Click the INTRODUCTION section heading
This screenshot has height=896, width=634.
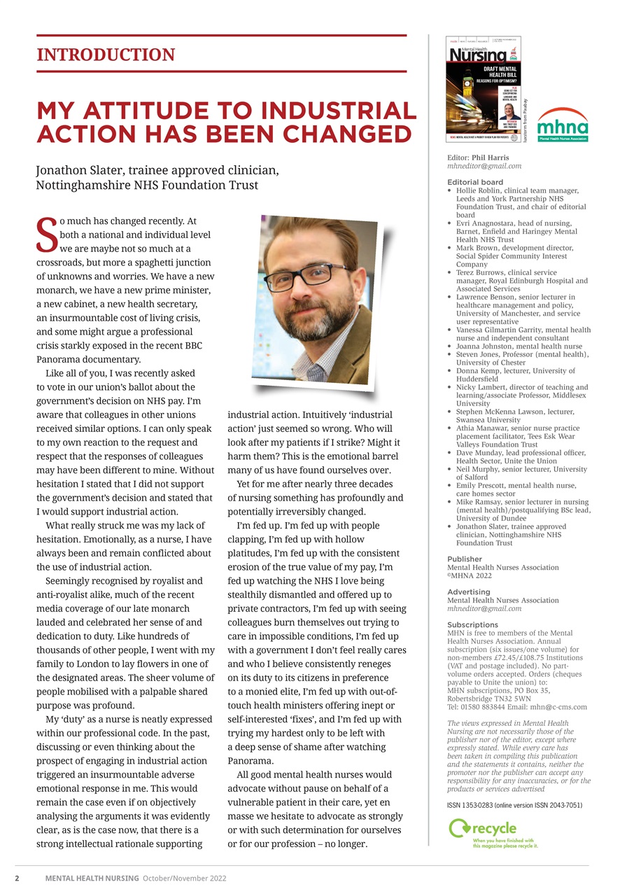[106, 55]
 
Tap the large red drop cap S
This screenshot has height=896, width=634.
[46, 234]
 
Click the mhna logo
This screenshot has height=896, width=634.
[562, 125]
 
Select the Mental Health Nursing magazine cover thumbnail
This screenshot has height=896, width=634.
[483, 90]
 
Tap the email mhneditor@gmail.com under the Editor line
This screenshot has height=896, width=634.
[484, 167]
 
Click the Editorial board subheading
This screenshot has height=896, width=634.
[474, 182]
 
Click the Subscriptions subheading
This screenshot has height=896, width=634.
[472, 624]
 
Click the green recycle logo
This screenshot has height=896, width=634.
[492, 832]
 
